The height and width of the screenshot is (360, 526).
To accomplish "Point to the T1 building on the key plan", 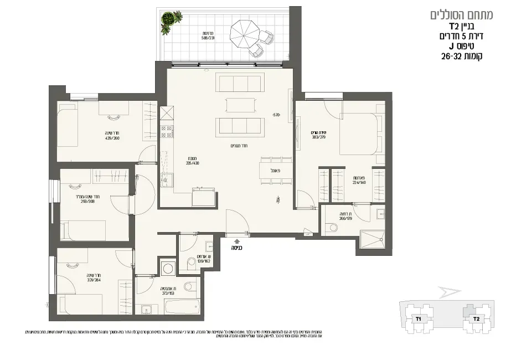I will tap(419, 319).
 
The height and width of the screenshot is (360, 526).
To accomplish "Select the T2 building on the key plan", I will tap(475, 319).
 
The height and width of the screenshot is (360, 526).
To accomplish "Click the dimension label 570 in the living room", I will tap(276, 115).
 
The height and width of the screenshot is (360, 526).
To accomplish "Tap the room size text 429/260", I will tap(112, 138).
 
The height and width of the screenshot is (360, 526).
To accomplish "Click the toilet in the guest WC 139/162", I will tap(191, 261).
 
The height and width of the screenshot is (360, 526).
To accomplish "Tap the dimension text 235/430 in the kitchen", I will tap(192, 163).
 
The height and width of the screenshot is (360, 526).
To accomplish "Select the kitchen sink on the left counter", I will tap(164, 178).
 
